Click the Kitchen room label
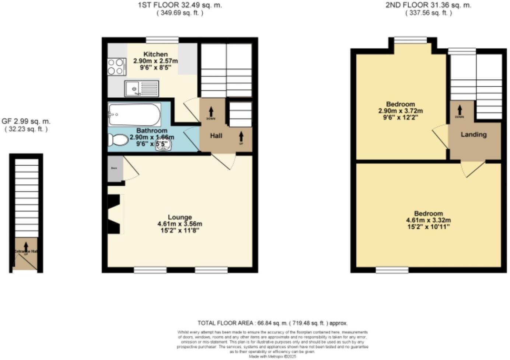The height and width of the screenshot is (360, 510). (156, 54)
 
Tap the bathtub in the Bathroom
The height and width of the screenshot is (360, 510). (135, 115)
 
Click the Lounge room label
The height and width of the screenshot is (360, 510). (180, 217)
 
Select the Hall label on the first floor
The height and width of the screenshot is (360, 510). (216, 136)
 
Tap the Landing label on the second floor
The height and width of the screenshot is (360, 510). (474, 135)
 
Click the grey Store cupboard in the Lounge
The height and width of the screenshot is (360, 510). (115, 169)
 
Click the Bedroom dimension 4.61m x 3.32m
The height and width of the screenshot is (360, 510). (428, 220)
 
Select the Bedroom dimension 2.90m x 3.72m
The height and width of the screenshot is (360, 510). (401, 111)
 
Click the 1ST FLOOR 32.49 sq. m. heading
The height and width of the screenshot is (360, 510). (180, 5)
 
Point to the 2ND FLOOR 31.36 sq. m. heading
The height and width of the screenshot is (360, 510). (429, 5)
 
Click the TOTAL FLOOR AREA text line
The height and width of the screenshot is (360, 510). (272, 323)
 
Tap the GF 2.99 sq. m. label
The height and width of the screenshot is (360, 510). (26, 121)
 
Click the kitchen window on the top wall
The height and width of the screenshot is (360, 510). (162, 39)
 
